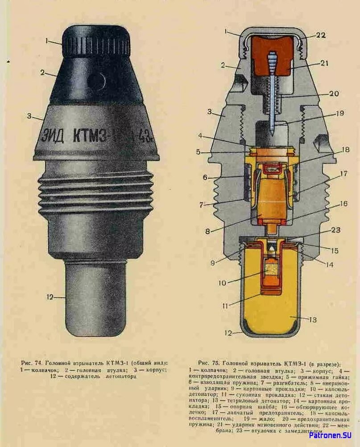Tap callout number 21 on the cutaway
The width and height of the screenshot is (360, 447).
[x=324, y=63]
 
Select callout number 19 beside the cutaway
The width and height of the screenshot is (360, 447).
[x=339, y=113]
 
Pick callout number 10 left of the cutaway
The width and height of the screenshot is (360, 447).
[x=223, y=283]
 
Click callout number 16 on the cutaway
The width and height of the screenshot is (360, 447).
[x=343, y=204]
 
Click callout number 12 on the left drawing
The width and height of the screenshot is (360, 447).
[x=50, y=296]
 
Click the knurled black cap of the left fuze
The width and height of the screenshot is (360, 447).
[x=96, y=42]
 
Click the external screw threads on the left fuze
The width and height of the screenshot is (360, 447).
[x=96, y=192]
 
